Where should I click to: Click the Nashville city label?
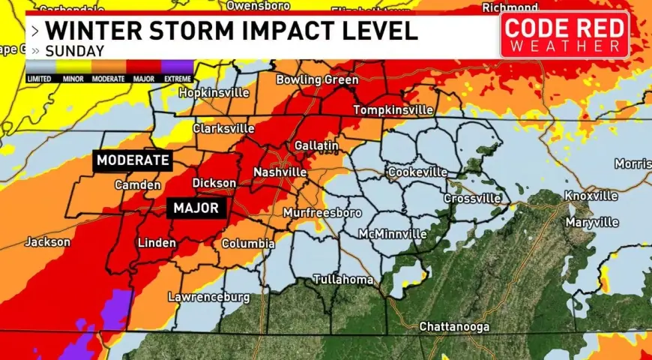click(x=280, y=172)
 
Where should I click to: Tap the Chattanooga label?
click(x=454, y=327)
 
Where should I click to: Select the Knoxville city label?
click(x=591, y=196)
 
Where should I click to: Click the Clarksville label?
click(x=223, y=128)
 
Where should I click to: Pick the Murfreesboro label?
click(x=322, y=213)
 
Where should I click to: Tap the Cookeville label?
click(x=417, y=172)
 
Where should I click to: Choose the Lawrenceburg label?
click(x=208, y=297)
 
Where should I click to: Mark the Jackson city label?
click(x=47, y=242)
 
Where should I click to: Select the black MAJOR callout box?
click(x=196, y=208)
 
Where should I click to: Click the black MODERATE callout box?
click(x=133, y=160)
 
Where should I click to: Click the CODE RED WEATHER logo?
click(x=564, y=35)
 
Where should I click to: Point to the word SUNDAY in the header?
click(x=74, y=52)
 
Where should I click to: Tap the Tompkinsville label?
click(x=393, y=110)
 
